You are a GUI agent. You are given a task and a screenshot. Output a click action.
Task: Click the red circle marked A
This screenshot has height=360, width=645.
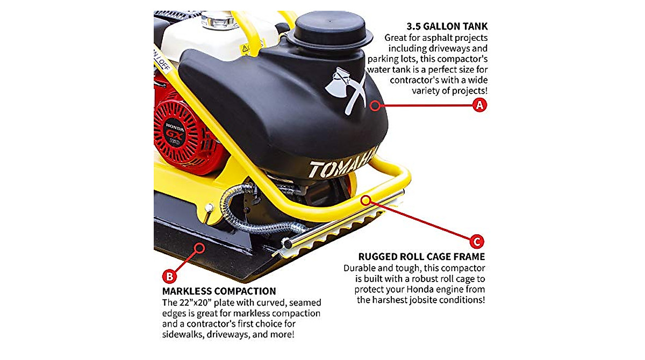coord(479,105)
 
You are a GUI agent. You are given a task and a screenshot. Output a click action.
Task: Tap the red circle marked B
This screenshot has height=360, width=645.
coord(169,277)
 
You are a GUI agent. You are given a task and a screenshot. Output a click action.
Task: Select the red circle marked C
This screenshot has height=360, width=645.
coord(477,240)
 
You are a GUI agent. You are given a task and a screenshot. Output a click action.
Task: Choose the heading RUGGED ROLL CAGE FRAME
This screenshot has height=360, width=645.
coord(421,256)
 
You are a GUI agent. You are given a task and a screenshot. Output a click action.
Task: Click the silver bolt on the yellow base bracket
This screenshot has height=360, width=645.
coord(209,208)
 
